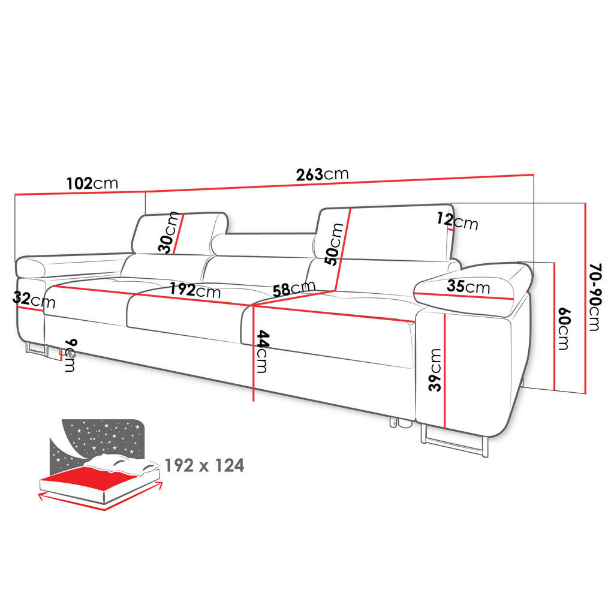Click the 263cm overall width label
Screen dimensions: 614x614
click(x=322, y=174)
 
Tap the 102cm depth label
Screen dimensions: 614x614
click(x=92, y=183)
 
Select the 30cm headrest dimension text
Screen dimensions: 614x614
click(x=168, y=232)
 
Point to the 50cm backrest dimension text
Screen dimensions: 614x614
click(x=334, y=244)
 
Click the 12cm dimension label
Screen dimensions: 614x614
click(x=458, y=221)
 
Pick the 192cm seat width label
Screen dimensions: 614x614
click(x=195, y=290)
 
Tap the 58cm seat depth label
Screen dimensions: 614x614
click(x=294, y=289)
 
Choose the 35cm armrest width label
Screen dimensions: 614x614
click(x=468, y=287)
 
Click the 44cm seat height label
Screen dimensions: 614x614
click(x=263, y=351)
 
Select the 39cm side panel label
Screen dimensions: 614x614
click(x=435, y=369)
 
